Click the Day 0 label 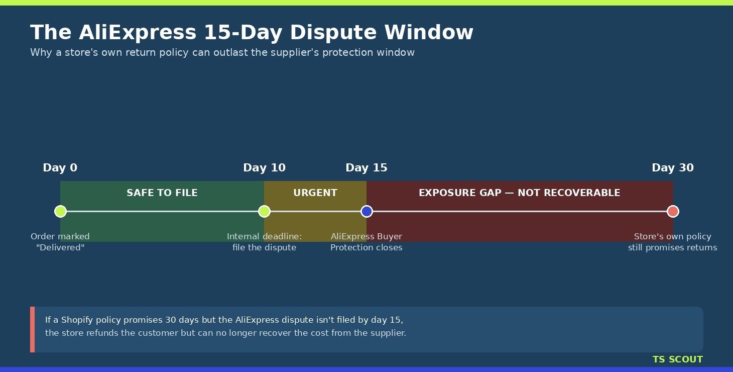(60, 168)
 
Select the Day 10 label (264, 168)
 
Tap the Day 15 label (366, 168)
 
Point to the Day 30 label (672, 168)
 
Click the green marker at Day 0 (61, 212)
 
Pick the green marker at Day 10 (264, 212)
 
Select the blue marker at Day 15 (366, 212)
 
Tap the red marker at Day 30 (673, 212)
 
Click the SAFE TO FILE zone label (162, 193)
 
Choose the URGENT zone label (315, 193)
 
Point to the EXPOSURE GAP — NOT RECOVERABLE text (519, 193)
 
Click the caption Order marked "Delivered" (60, 242)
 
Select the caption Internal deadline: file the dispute (264, 242)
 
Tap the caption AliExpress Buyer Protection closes (366, 242)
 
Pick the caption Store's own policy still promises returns (672, 242)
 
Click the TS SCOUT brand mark (678, 359)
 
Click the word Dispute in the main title (333, 33)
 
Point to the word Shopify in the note (77, 320)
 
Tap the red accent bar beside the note (33, 329)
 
